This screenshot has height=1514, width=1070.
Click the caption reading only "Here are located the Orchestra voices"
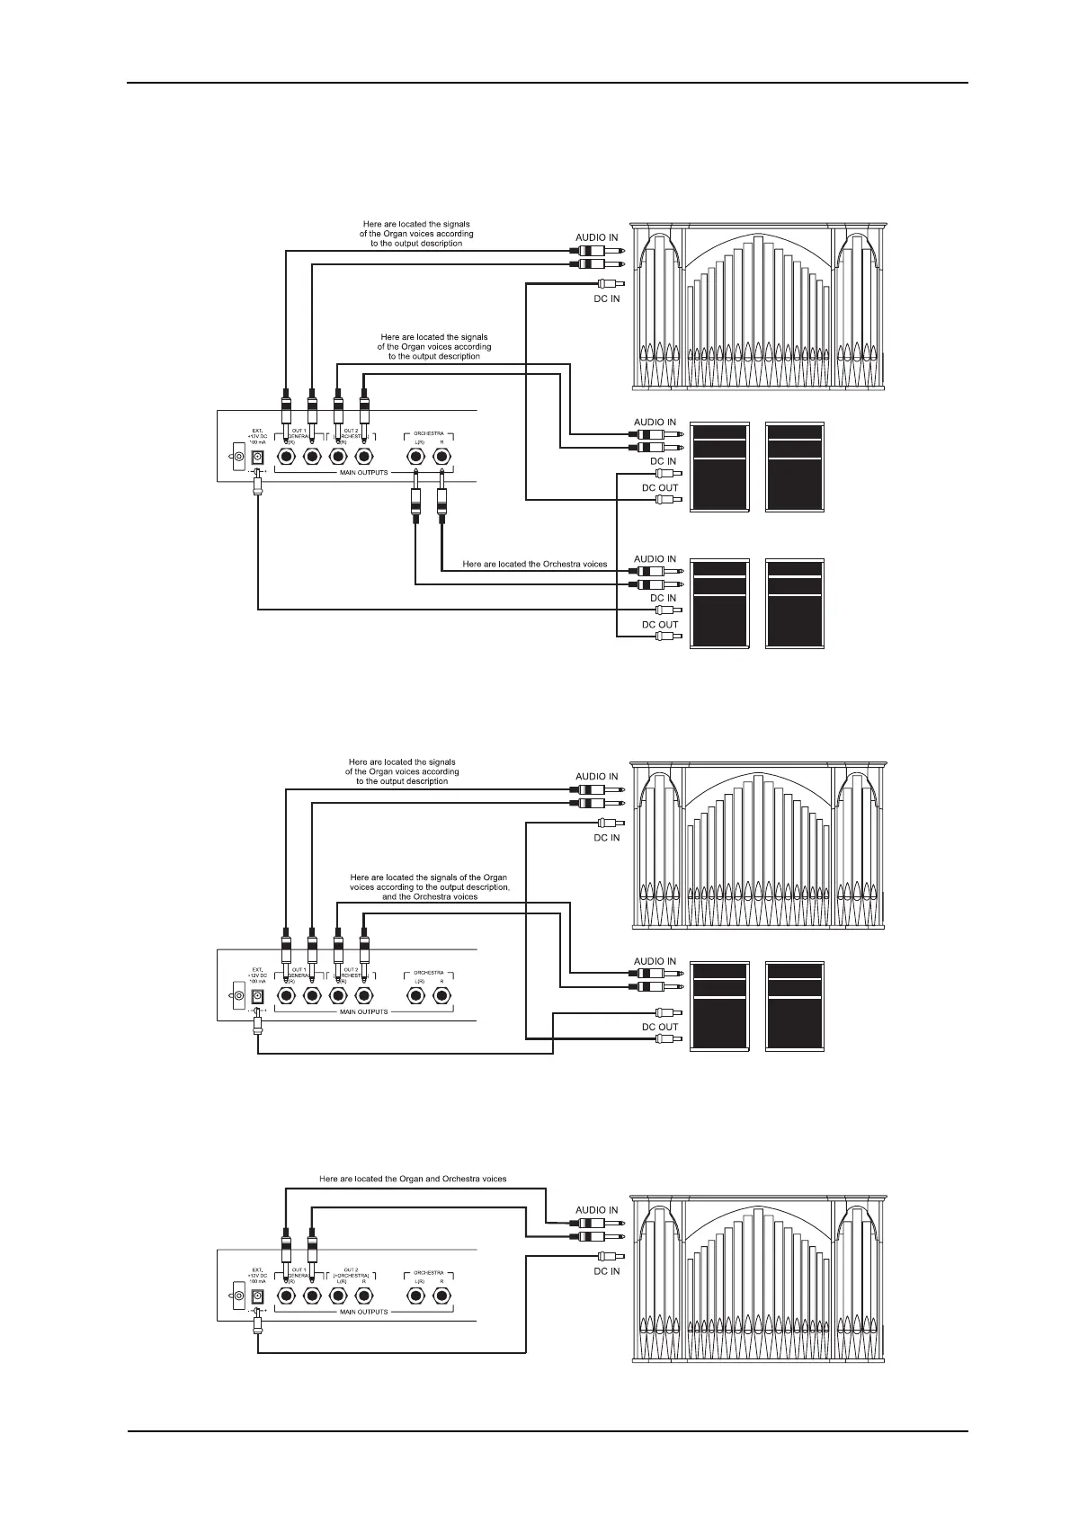[x=534, y=565]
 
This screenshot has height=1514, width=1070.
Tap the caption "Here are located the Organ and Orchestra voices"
[x=413, y=1179]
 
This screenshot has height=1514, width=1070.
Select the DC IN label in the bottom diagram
[x=607, y=1271]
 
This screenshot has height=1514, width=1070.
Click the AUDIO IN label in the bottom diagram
[x=596, y=1210]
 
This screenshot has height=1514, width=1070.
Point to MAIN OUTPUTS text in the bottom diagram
[x=363, y=1312]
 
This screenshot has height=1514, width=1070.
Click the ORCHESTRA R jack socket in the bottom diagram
[x=441, y=1296]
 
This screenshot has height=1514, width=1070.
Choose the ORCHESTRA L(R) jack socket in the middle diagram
[x=415, y=996]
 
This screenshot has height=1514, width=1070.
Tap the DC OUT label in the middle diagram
[x=659, y=1027]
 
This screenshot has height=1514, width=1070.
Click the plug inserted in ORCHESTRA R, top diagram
[x=441, y=503]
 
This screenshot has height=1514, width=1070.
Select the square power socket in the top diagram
[x=257, y=457]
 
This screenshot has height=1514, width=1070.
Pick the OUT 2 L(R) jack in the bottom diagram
[x=338, y=1296]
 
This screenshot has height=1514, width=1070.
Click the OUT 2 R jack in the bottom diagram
[x=364, y=1296]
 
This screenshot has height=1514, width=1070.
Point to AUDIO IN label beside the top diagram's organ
[x=596, y=238]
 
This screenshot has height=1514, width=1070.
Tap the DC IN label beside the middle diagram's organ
[x=607, y=838]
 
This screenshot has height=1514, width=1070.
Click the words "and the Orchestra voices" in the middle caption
[x=430, y=896]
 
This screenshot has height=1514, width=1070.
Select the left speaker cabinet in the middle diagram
[x=718, y=1006]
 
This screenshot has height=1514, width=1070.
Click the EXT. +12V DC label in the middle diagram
[x=257, y=975]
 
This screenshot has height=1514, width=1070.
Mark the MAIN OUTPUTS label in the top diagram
[x=363, y=472]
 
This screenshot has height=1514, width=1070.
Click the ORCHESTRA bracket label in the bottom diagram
[x=428, y=1272]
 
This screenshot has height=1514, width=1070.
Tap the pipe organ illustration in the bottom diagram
[x=757, y=1277]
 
